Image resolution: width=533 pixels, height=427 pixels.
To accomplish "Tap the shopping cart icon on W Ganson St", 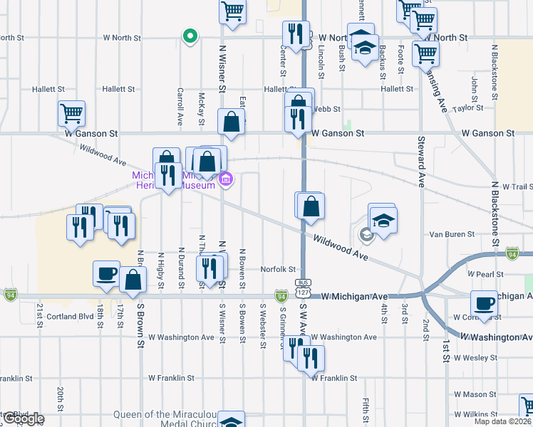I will coord(72,113).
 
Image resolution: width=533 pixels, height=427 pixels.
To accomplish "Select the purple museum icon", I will coord(226,179).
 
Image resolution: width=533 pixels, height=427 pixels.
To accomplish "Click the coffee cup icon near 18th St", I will coord(107,273).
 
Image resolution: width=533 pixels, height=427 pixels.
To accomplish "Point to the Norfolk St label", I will coord(278,269).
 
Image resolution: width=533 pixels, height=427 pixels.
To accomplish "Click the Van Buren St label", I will coord(452,234).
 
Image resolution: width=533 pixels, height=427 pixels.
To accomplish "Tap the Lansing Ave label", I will coord(435,89).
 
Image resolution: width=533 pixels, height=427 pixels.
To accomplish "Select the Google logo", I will coord(23,419).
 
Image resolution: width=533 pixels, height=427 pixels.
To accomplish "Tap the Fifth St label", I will coord(365,412).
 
